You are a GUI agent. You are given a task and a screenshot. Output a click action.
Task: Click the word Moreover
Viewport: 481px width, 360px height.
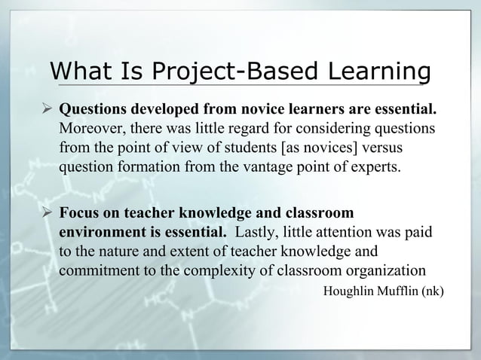(x=89, y=130)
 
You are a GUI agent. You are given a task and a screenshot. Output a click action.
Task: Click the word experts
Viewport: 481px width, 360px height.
(x=375, y=166)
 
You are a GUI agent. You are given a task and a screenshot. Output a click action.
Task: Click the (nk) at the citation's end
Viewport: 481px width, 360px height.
(x=431, y=290)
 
